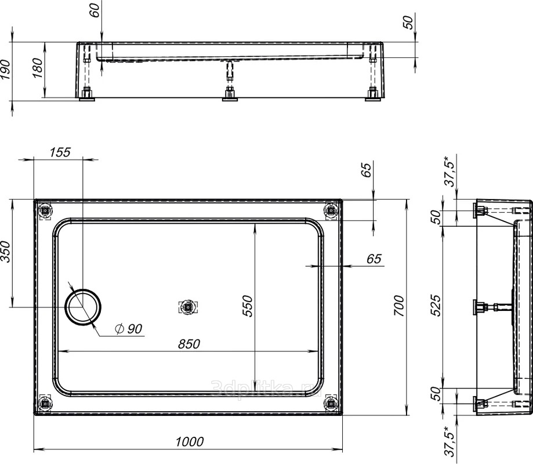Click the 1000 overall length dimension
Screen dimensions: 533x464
[x=189, y=441]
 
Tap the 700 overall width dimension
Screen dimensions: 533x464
[x=398, y=306]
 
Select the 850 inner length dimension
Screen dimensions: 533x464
[x=189, y=344]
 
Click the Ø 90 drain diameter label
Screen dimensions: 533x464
[x=129, y=329]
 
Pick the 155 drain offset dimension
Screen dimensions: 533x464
[x=60, y=152]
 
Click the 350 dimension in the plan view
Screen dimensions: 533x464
[x=6, y=252]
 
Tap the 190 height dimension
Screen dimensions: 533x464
[x=6, y=70]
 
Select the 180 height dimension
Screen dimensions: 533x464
[x=38, y=68]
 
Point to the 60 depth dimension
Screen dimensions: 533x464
[x=96, y=10]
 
